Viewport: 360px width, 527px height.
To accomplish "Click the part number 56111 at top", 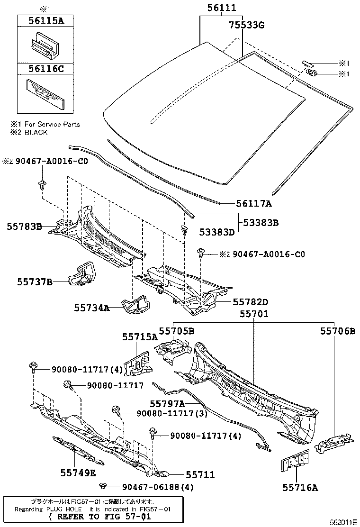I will [221, 8].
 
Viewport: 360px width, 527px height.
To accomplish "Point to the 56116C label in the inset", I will [47, 69].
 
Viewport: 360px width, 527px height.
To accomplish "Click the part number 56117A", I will [254, 203].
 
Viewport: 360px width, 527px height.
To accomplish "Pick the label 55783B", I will [25, 227].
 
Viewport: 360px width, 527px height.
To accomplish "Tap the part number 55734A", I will [91, 308].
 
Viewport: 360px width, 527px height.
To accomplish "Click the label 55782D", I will [250, 302].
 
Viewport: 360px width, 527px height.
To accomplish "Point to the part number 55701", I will [253, 314].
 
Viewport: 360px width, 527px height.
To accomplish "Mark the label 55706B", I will [337, 331].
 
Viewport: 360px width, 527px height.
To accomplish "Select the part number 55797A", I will [167, 403].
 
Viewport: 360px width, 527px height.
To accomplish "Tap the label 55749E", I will [78, 472].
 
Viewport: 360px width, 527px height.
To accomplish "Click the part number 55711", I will [200, 474].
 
